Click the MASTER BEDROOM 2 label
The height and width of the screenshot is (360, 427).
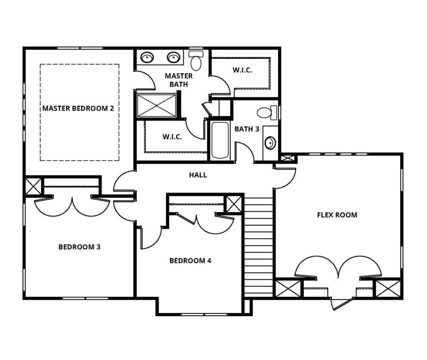pos(78,108)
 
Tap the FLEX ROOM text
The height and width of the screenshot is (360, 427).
pos(337,215)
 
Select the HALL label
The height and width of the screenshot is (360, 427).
pos(198,175)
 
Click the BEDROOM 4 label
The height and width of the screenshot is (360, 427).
pos(191,261)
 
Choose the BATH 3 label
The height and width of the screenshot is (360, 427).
pos(247,129)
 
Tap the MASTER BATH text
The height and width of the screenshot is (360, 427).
pos(178,80)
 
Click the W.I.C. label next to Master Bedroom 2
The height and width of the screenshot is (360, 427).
pos(172,137)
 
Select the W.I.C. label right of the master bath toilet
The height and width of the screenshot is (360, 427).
pos(242,70)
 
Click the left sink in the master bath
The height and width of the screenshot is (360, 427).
pos(146,57)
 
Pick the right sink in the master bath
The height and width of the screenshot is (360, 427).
pos(173,57)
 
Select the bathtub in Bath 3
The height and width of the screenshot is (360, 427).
pos(219,140)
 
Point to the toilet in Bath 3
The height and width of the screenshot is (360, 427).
pos(266,113)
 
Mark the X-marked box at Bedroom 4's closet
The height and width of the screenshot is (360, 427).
pos(233,204)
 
